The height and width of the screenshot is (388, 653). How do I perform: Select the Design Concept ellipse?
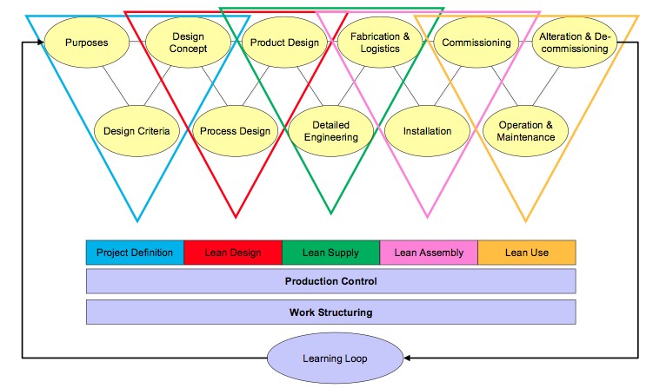coord(188,42)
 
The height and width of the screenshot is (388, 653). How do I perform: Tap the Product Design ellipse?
coord(284,42)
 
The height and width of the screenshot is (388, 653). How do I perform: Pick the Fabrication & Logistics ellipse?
coord(381,42)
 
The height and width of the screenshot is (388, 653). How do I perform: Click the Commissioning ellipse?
coord(476,42)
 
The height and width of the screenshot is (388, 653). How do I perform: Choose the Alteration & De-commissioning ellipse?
coord(574,43)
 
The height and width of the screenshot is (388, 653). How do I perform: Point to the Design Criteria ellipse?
coord(137,131)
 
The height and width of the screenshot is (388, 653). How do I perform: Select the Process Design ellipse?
coord(235,131)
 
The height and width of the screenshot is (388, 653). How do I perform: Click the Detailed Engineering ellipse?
coord(331,131)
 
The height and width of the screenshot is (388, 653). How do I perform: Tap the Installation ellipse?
coord(428,131)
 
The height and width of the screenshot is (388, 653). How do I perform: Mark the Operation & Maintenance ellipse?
coord(527,131)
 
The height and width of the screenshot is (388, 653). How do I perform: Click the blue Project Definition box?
coord(135,253)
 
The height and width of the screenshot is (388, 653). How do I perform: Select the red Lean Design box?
coord(233,253)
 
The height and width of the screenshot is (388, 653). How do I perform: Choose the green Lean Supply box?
coord(330,253)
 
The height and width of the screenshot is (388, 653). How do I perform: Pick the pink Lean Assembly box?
coord(429,253)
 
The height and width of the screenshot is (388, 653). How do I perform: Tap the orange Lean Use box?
coord(527,253)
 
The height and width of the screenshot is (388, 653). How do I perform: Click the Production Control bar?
coord(330,281)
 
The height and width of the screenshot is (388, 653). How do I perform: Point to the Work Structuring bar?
coord(330,312)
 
